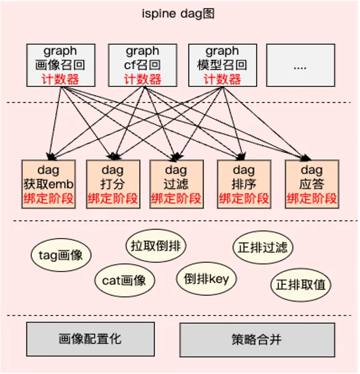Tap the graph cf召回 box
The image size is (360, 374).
pos(142,64)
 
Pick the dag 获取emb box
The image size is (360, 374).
pos(48,183)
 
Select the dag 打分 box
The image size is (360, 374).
pos(112,183)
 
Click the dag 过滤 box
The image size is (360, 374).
pos(176,183)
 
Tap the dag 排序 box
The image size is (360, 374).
pos(244,183)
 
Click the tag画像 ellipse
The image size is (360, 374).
pos(60,255)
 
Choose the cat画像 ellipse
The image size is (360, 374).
pos(125,280)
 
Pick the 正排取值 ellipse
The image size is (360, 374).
pos(302,284)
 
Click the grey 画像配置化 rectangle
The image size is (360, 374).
pos(90,339)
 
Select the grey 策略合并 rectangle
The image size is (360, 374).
pos(257,340)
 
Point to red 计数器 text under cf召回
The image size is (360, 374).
pos(142,79)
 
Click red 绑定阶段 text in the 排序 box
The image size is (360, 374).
pos(244,198)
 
